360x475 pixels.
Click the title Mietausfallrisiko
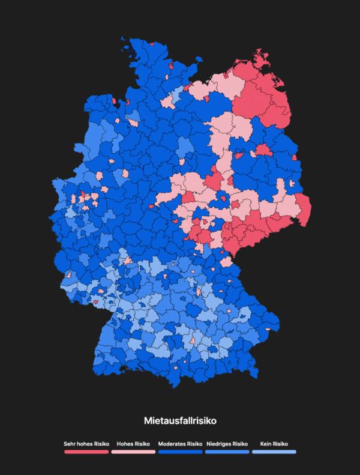click(x=179, y=422)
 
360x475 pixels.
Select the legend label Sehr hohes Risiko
click(x=86, y=444)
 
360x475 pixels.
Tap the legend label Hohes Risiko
click(x=133, y=444)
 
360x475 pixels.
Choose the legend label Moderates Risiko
click(x=180, y=444)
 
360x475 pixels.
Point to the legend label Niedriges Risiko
click(x=227, y=444)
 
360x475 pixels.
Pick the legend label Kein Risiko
click(x=274, y=444)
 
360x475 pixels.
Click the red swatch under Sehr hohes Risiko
click(x=86, y=451)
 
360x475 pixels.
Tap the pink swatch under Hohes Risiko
click(x=133, y=451)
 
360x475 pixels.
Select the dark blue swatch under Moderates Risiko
click(x=180, y=451)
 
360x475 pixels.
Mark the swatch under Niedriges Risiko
click(x=227, y=451)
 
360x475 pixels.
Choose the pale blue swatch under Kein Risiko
click(x=274, y=451)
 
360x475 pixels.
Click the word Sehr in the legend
click(x=70, y=444)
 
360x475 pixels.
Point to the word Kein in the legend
click(x=266, y=444)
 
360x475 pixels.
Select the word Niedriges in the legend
click(x=219, y=444)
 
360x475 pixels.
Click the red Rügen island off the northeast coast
click(x=262, y=58)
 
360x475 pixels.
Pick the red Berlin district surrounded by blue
click(x=263, y=149)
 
